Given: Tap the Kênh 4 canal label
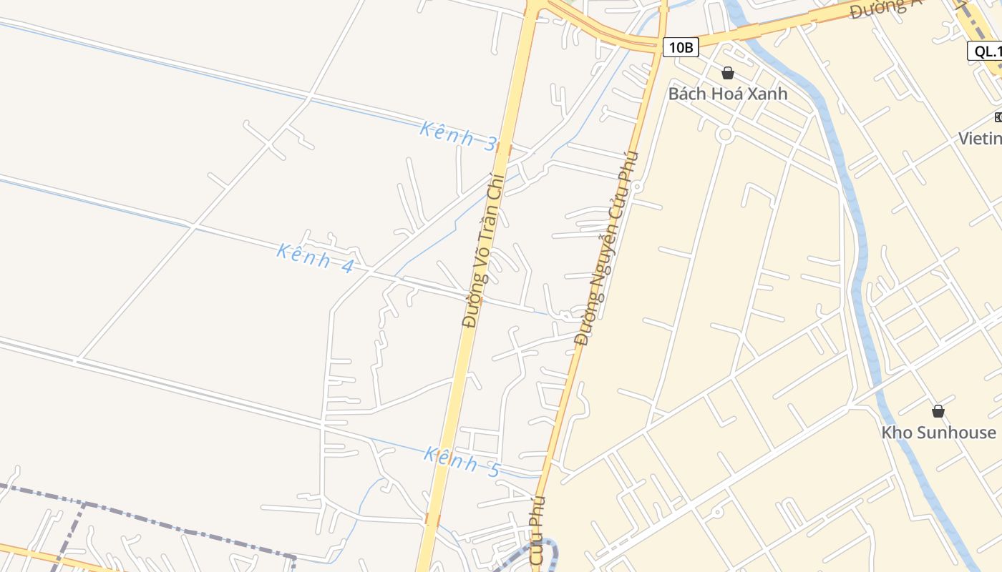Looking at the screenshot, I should click(x=316, y=258).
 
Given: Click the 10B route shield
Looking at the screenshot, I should click(x=680, y=48).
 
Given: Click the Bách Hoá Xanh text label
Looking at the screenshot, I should click(x=728, y=94).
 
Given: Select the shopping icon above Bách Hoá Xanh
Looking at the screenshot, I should click(x=728, y=73).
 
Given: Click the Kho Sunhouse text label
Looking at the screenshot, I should click(x=938, y=433).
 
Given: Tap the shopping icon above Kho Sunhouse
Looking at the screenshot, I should click(x=938, y=412).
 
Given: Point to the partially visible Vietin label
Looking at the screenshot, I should click(x=980, y=138).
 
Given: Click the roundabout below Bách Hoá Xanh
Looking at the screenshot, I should click(x=725, y=134).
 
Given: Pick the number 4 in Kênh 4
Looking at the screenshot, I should click(x=347, y=267).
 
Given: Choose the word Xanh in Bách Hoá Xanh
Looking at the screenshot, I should click(x=767, y=94).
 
